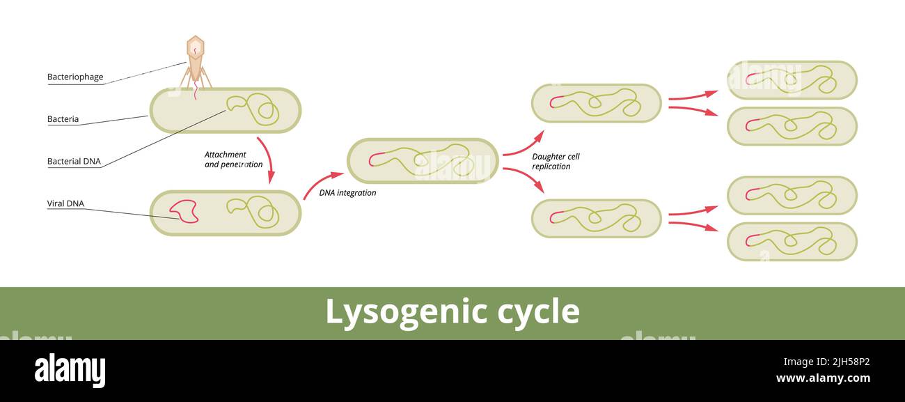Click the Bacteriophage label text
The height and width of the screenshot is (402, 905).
(75, 77)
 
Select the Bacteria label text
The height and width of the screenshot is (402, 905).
(63, 119)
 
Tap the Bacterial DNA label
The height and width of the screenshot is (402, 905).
(74, 162)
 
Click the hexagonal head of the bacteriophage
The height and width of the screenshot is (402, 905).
(196, 47)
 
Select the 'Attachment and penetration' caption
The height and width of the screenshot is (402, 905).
(233, 160)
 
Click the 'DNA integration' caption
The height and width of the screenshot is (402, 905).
(347, 193)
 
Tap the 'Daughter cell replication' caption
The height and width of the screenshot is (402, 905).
(556, 162)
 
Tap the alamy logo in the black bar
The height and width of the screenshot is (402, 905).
(70, 371)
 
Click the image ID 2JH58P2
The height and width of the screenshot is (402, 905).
(826, 362)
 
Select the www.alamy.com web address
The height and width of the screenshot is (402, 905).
(822, 378)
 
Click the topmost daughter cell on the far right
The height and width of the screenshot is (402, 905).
(792, 80)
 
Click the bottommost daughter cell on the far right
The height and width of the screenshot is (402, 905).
(792, 242)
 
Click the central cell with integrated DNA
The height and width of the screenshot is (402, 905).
(423, 161)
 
